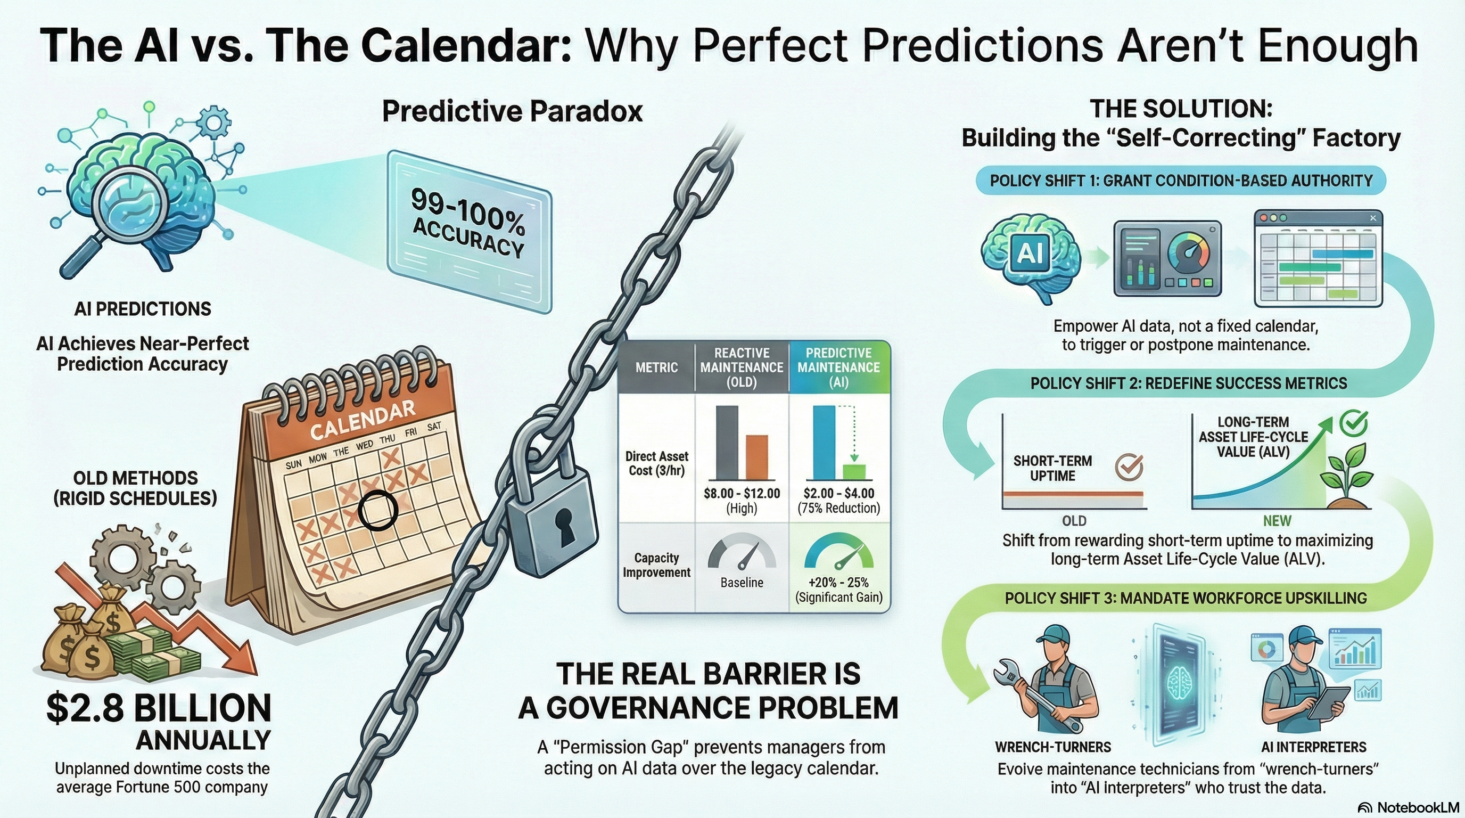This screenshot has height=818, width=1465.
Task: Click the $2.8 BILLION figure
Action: point(159,708)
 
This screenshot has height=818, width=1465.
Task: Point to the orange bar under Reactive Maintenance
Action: point(756,457)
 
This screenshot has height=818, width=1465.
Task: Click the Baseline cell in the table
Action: point(742,583)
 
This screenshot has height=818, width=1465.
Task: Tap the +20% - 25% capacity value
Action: point(838,583)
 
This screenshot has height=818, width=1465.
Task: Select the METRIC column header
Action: point(656,367)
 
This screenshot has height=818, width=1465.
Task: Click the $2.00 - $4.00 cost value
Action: point(838,493)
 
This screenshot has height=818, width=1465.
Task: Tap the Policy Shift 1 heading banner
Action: point(1181,181)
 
